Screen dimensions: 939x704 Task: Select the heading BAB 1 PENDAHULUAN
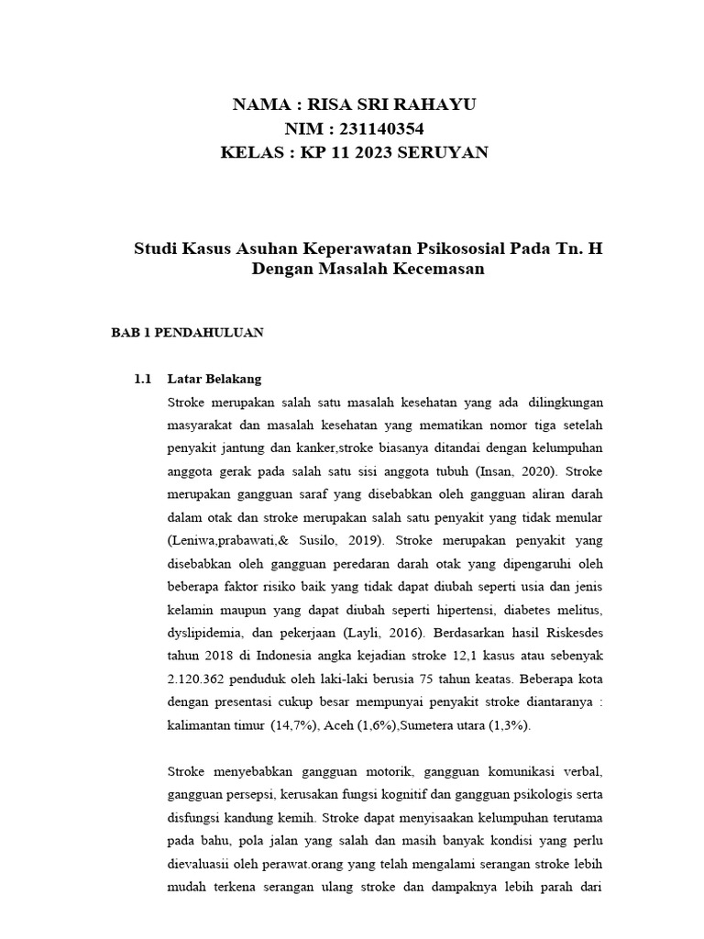pyautogui.click(x=187, y=333)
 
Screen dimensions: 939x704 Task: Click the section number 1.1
pyautogui.click(x=142, y=378)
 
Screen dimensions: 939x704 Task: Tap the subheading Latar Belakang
pyautogui.click(x=214, y=378)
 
